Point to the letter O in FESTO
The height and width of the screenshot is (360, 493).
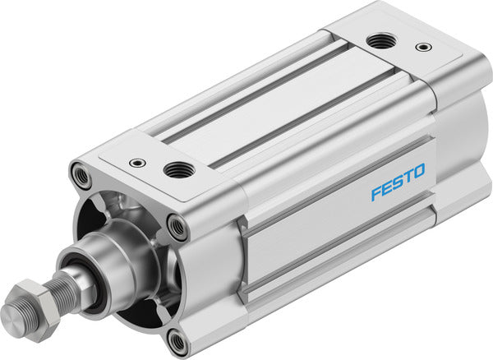click(418, 171)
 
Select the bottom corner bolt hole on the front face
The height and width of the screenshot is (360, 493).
click(177, 339)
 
